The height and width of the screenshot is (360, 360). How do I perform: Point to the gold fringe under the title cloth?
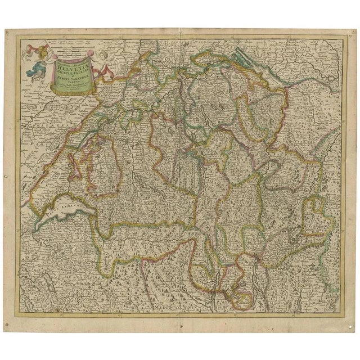click(x=73, y=92)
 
